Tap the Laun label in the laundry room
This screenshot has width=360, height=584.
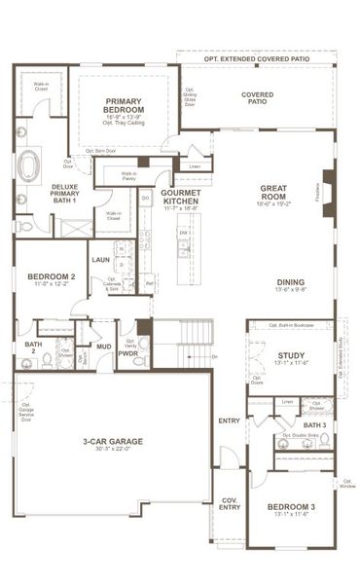[x=100, y=260]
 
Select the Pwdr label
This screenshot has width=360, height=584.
[x=128, y=353]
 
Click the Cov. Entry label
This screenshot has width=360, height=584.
[x=230, y=503]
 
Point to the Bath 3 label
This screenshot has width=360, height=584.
[x=313, y=425]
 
